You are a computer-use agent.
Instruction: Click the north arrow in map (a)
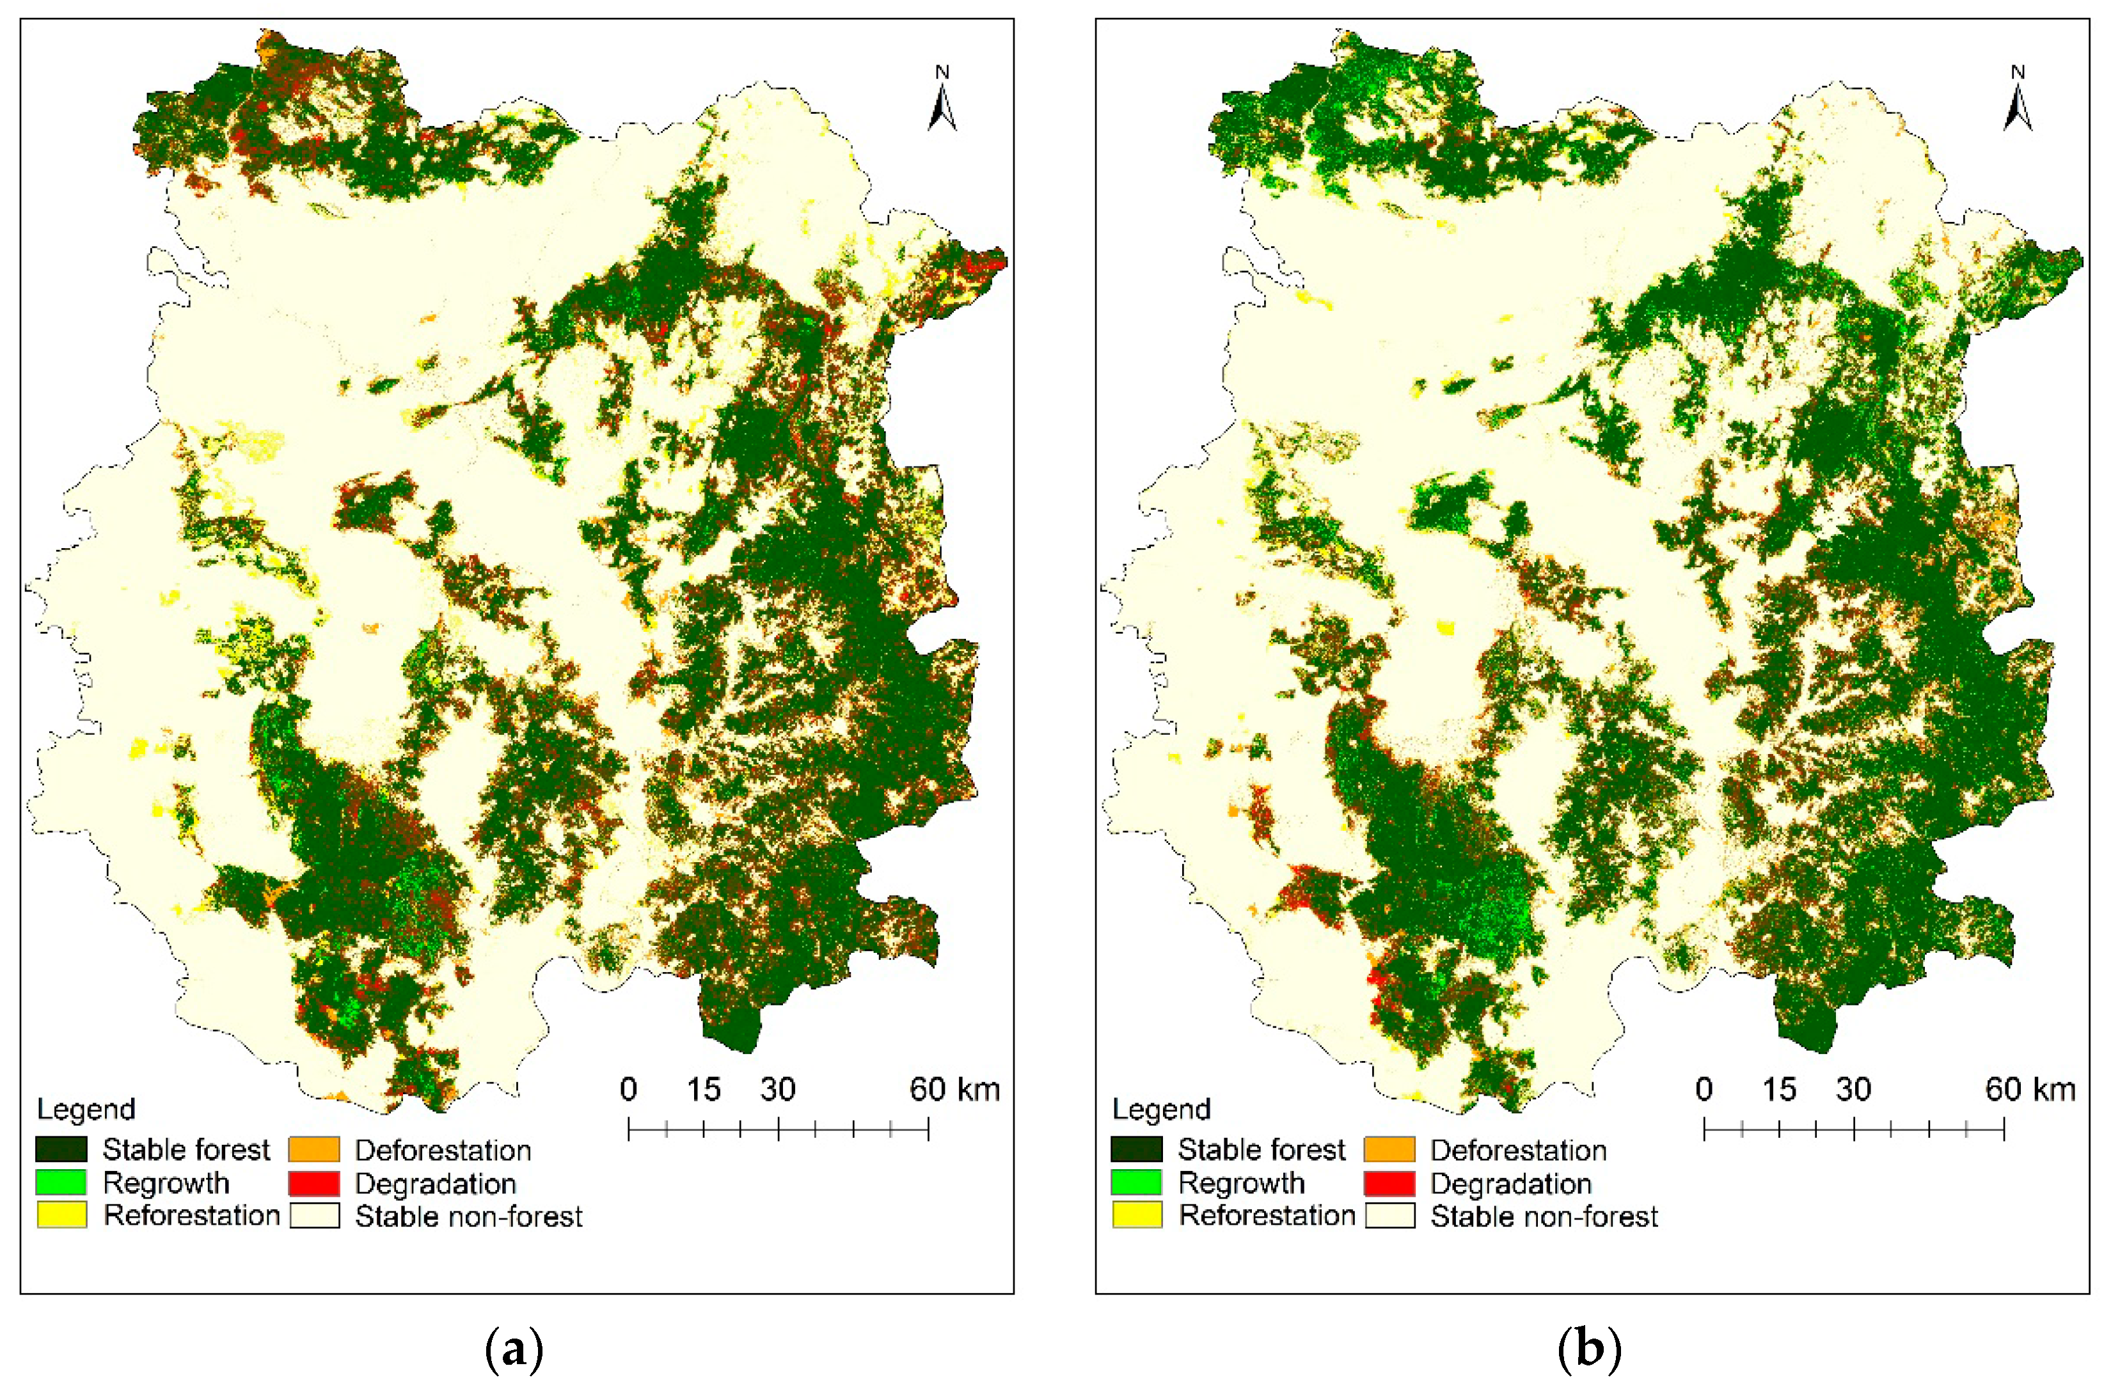pos(942,102)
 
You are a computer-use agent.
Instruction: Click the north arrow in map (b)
pos(2017,102)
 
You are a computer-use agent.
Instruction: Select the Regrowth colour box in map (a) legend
pos(61,1183)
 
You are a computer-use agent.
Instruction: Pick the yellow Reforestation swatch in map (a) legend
pos(61,1214)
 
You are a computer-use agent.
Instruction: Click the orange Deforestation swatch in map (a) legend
pos(314,1150)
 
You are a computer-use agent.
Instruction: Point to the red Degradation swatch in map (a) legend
pos(314,1183)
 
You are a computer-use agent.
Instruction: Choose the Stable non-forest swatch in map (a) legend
pos(314,1215)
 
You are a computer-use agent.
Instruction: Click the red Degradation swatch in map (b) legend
pos(1389,1183)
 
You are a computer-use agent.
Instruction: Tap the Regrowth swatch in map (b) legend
pos(1137,1183)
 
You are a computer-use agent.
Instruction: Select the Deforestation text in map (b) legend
pos(1518,1151)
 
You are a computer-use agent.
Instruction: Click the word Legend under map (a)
pos(86,1109)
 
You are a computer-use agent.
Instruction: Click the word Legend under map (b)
pos(1162,1109)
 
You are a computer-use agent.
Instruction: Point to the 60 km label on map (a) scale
pos(954,1089)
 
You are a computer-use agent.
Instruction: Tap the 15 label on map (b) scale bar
pos(1779,1089)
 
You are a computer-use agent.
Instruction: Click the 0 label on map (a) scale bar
pos(628,1089)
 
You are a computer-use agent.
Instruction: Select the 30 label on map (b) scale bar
pos(1854,1089)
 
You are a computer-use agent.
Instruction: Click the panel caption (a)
pos(515,1350)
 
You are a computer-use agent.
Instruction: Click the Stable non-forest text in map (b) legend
pos(1544,1216)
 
